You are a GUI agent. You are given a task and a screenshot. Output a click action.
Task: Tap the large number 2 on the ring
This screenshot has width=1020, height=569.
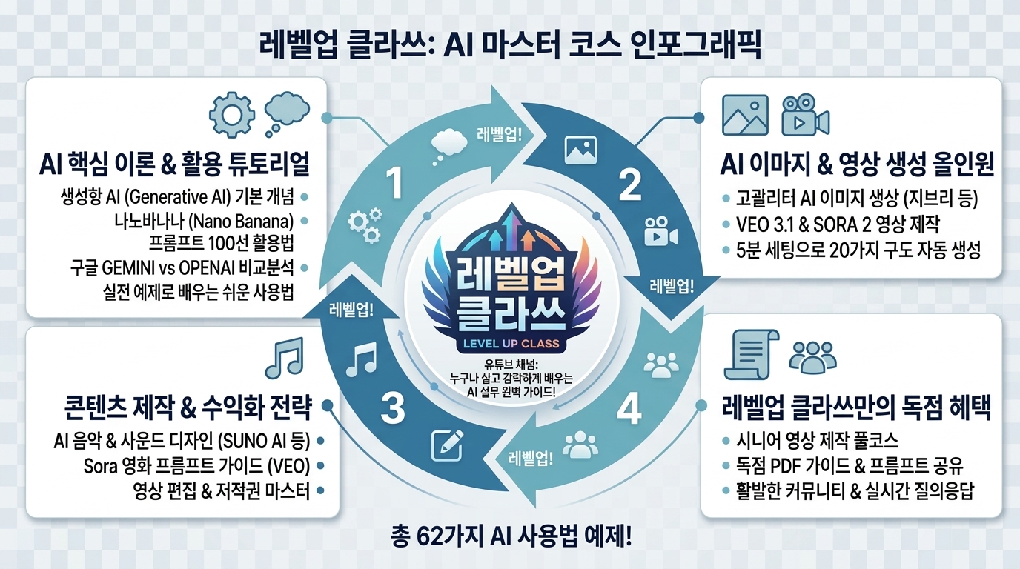click(x=630, y=184)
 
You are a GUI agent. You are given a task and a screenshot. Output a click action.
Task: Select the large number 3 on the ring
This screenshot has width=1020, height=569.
click(x=393, y=408)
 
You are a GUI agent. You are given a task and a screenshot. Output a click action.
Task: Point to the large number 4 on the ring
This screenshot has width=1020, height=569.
click(x=629, y=409)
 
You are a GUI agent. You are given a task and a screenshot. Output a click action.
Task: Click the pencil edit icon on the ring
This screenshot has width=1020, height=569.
click(x=448, y=445)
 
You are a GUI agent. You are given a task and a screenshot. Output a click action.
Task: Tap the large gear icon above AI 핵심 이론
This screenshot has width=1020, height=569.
click(x=232, y=115)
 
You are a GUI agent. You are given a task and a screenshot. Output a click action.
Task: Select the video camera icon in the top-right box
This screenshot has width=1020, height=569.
click(x=805, y=115)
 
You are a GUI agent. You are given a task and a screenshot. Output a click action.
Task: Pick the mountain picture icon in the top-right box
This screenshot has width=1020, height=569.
click(x=746, y=115)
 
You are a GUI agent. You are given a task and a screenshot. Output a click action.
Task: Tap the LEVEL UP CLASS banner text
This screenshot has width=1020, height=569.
click(x=511, y=343)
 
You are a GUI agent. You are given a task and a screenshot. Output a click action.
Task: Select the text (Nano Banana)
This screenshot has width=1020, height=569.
click(x=241, y=222)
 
